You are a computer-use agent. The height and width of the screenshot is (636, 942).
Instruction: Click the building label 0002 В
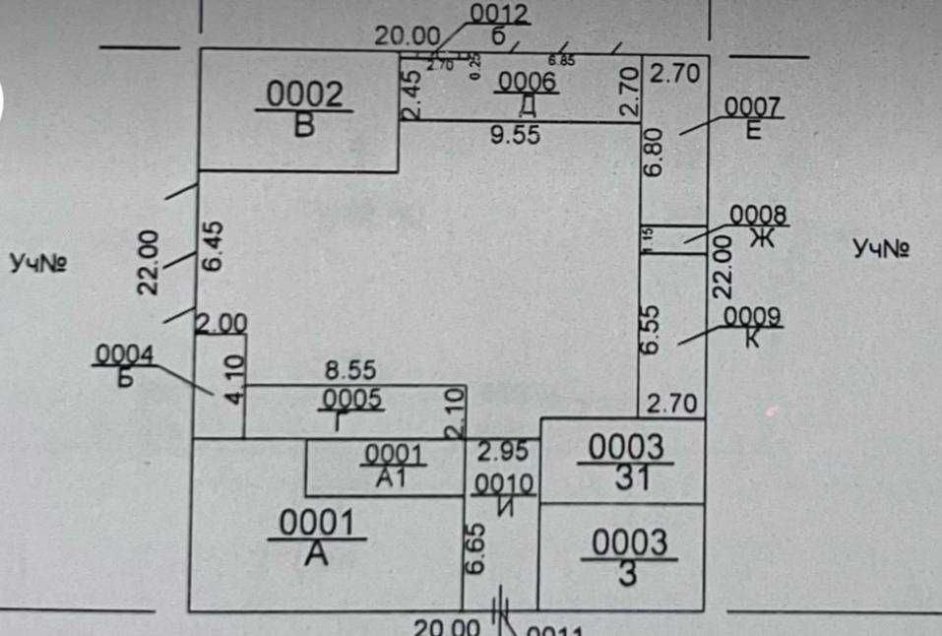[x=305, y=108]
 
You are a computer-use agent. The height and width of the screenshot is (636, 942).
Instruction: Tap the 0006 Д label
[x=528, y=93]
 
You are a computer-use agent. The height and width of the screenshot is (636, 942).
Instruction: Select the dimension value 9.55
[x=516, y=137]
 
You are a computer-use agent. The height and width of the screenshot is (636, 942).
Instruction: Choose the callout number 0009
[x=752, y=316]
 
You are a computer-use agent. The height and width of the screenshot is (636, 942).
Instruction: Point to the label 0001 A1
[x=393, y=466]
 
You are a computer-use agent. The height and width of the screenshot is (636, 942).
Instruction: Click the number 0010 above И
[x=503, y=483]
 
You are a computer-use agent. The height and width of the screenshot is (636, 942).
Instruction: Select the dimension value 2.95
[x=502, y=451]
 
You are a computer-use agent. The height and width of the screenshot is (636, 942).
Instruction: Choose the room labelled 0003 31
[x=626, y=463]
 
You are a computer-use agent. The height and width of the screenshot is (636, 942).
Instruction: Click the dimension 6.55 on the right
[x=652, y=329]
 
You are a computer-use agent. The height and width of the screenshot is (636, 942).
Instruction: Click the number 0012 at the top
[x=500, y=14]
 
